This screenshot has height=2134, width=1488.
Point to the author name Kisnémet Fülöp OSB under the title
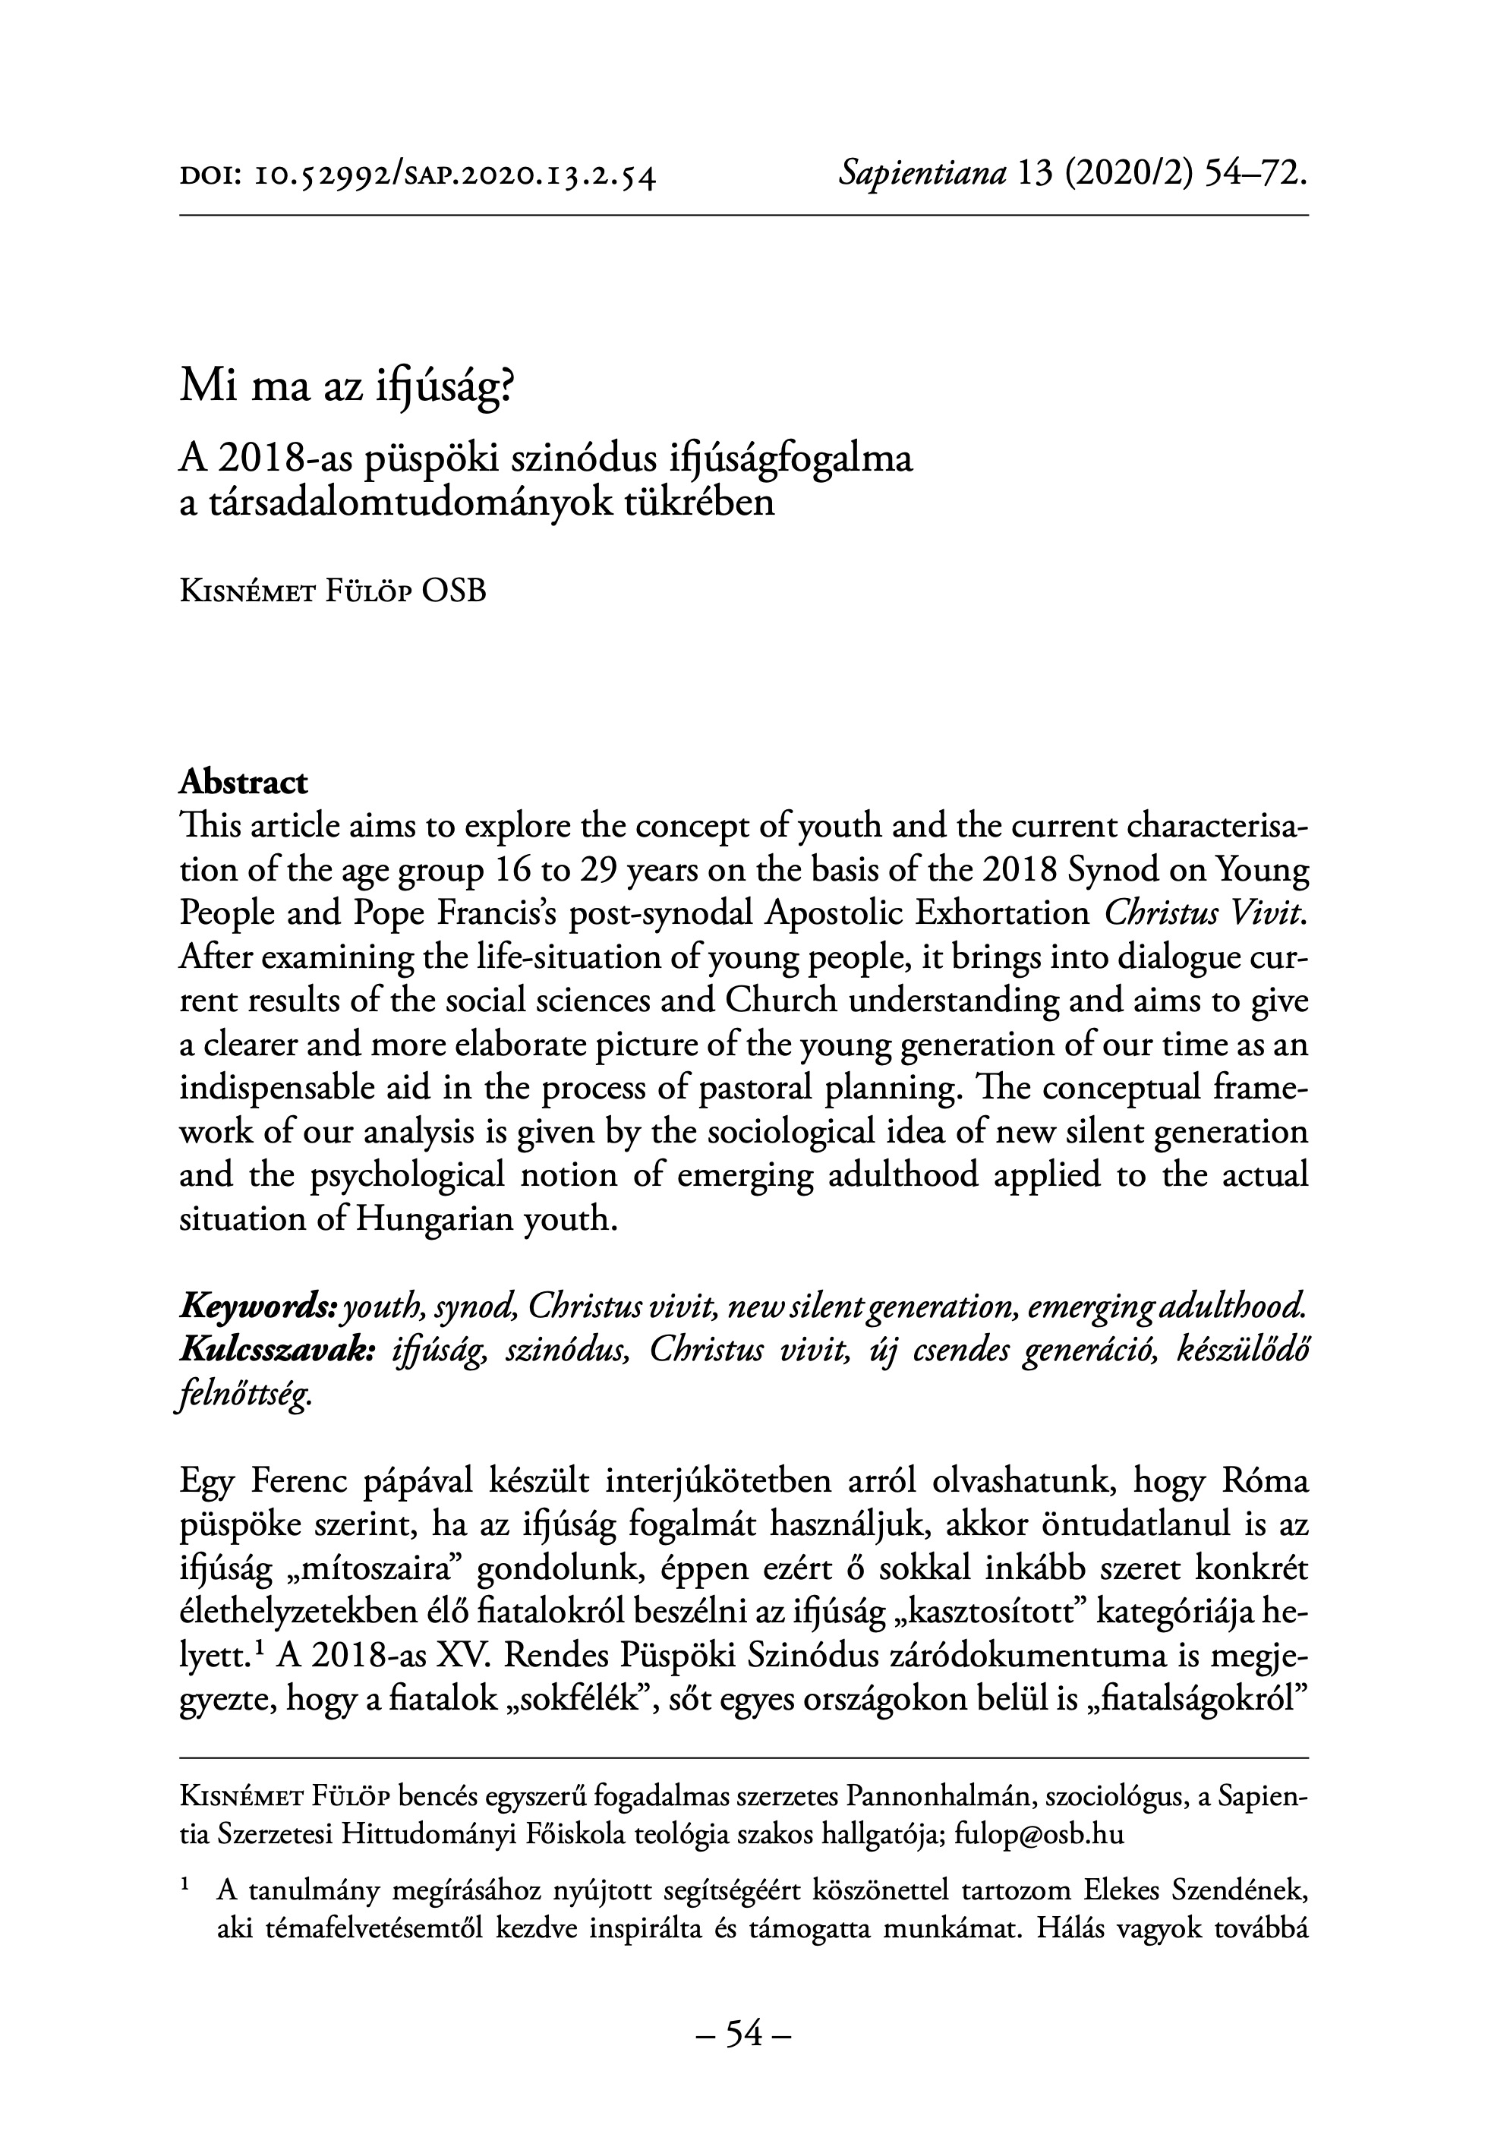click(332, 592)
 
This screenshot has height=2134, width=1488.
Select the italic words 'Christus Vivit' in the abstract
click(1206, 913)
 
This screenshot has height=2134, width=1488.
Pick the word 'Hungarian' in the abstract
click(427, 1218)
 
